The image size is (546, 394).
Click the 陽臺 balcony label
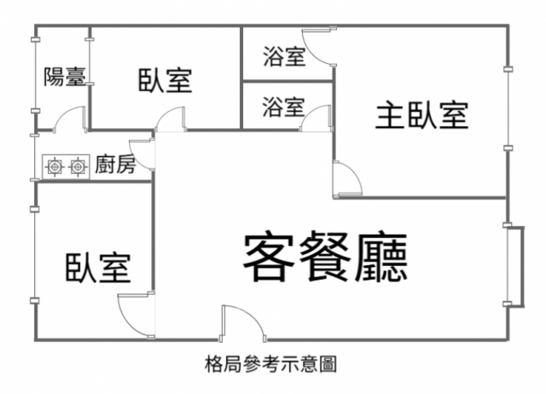coord(64,78)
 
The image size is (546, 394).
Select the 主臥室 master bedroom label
coord(422,115)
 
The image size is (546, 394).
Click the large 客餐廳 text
coord(324,258)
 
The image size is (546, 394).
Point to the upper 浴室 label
coord(285,57)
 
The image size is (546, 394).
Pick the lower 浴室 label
coord(283,107)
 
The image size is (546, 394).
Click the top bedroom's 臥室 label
coord(165,81)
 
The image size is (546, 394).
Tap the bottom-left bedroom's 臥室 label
coord(98,269)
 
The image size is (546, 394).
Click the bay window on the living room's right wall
coord(514,264)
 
